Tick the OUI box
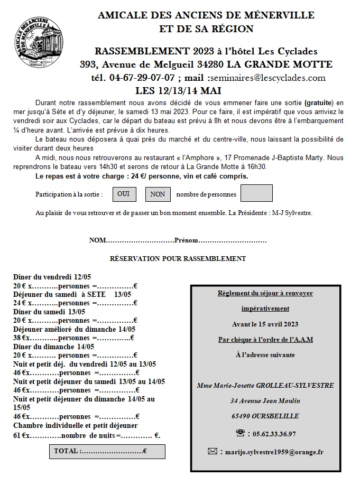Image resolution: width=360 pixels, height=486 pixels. pos(123,194)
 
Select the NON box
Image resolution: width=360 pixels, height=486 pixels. pos(157,194)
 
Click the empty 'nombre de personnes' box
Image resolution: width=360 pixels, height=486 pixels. pos(256,194)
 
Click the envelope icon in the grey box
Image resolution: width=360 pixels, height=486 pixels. pos(212,451)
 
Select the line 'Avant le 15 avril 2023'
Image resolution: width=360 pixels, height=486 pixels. pos(265,323)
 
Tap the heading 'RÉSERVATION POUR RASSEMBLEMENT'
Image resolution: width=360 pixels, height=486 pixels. pos(178,258)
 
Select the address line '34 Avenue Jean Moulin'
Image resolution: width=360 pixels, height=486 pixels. pos(265,401)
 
